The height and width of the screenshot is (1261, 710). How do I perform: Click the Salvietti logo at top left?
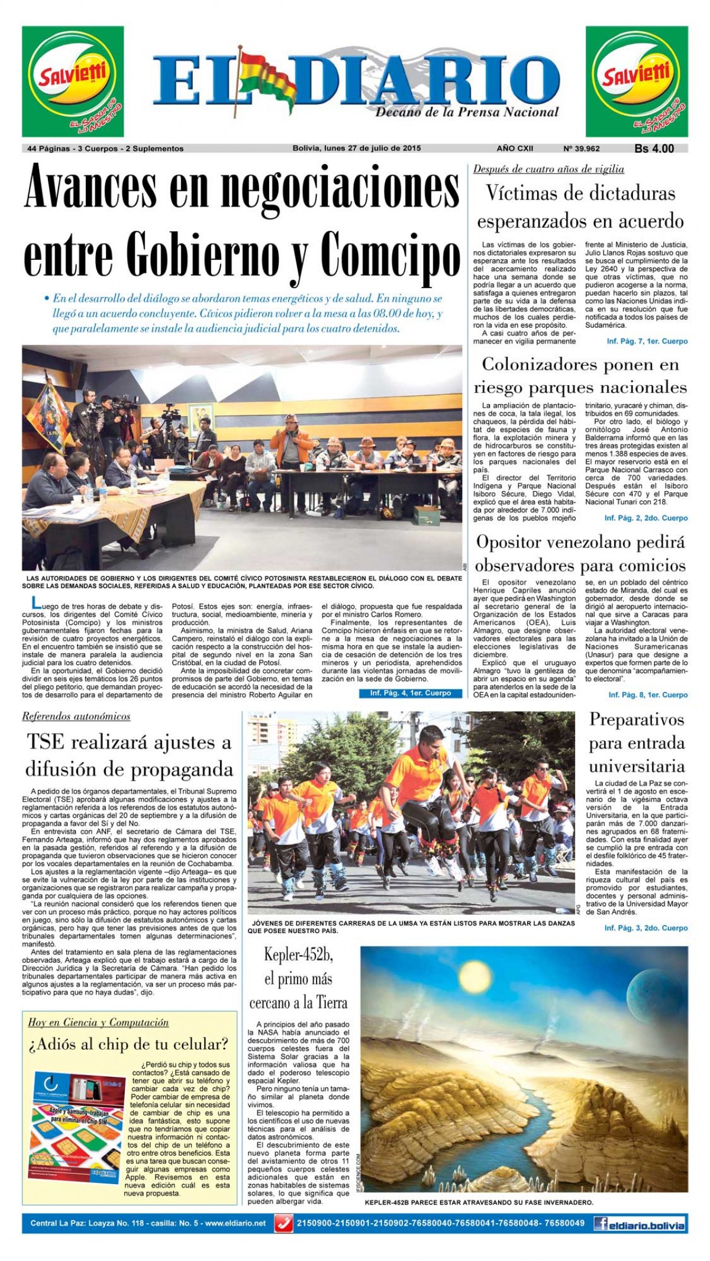73,81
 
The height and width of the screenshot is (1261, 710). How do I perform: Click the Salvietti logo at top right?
637,81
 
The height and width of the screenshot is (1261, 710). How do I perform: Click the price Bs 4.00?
654,149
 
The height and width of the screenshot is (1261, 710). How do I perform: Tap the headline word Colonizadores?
538,365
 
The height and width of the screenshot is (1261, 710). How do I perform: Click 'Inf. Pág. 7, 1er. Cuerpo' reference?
647,341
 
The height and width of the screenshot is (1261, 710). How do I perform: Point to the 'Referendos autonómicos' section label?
76,717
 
